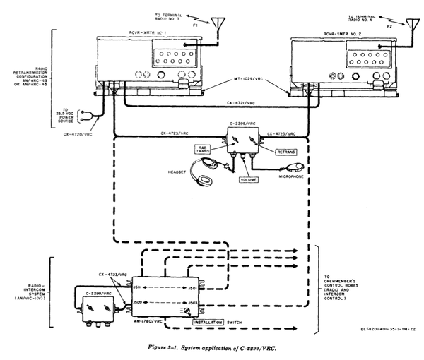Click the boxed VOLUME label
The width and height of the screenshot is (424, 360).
(x=248, y=181)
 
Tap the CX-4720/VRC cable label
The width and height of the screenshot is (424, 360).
(x=79, y=133)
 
